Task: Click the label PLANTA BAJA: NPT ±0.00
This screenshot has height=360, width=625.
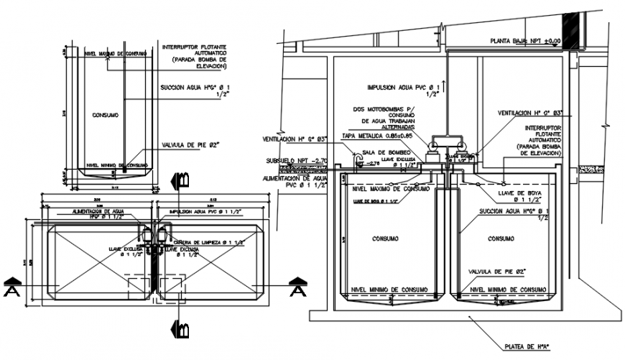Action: tap(524, 41)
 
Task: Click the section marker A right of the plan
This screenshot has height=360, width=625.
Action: tap(297, 287)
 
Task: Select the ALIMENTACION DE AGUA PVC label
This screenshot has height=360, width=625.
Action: tap(295, 181)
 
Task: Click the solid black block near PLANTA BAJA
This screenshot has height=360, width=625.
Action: tap(571, 32)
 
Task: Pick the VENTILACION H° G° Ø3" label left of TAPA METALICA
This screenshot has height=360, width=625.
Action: tap(295, 139)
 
